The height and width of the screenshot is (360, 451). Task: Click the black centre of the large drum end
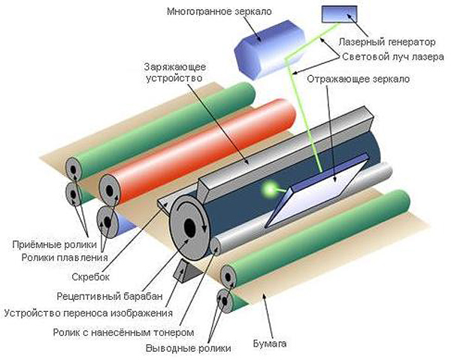[186, 226]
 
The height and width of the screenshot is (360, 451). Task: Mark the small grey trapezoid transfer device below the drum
[183, 269]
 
